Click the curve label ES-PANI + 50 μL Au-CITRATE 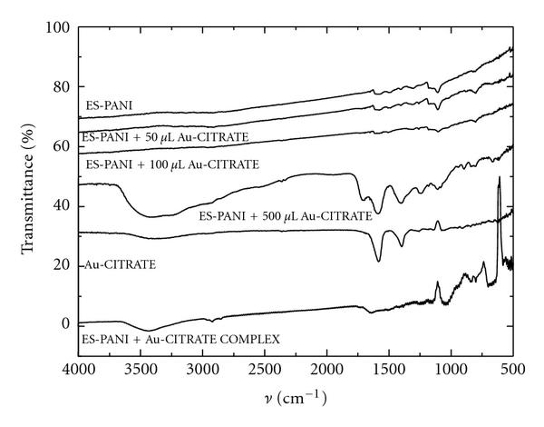click(165, 137)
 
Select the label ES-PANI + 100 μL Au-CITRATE click(171, 166)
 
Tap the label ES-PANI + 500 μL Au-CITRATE click(285, 216)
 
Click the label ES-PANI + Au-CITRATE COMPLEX click(180, 340)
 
